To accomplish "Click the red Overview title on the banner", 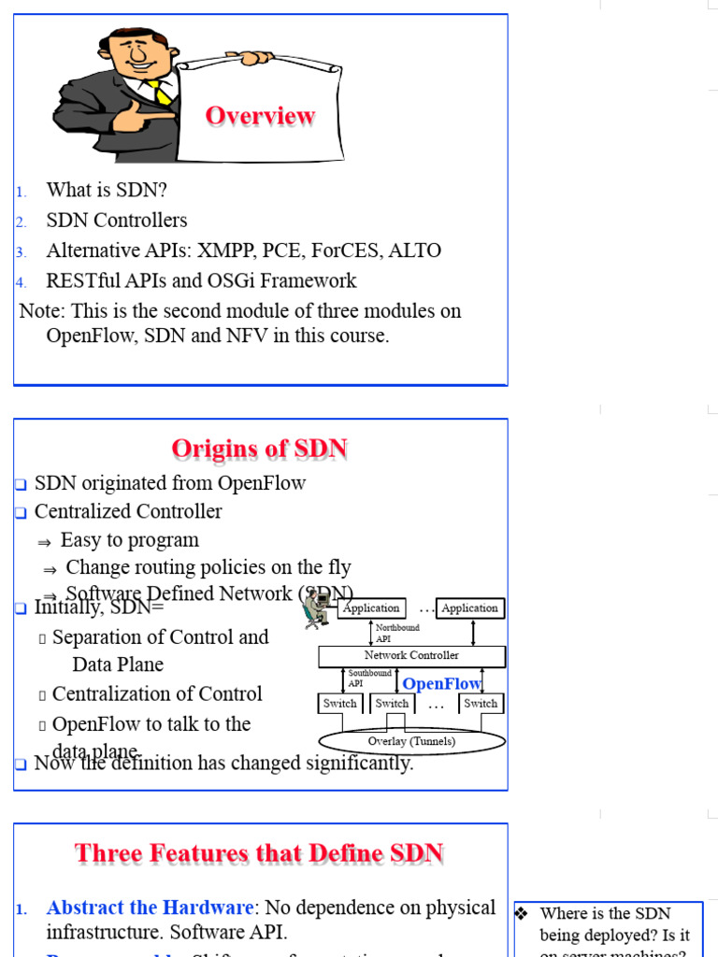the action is [x=260, y=116].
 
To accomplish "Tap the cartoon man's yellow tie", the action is [x=161, y=93].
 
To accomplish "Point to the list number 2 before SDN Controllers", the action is [x=20, y=221].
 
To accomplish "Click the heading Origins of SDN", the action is [x=260, y=450].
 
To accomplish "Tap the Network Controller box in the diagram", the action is [x=411, y=656].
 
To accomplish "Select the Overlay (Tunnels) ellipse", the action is [x=411, y=741].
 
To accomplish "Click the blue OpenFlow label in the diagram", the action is [x=441, y=684].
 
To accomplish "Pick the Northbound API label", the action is [x=396, y=633].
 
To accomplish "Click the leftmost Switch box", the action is [x=340, y=704].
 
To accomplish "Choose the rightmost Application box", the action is [x=469, y=608].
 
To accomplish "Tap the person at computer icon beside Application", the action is [x=317, y=609].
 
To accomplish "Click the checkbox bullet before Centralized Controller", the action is [x=21, y=513].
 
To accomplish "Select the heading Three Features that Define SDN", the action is [x=259, y=853].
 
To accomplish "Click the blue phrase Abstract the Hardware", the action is [x=150, y=907].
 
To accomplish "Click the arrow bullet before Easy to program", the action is [x=43, y=542].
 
